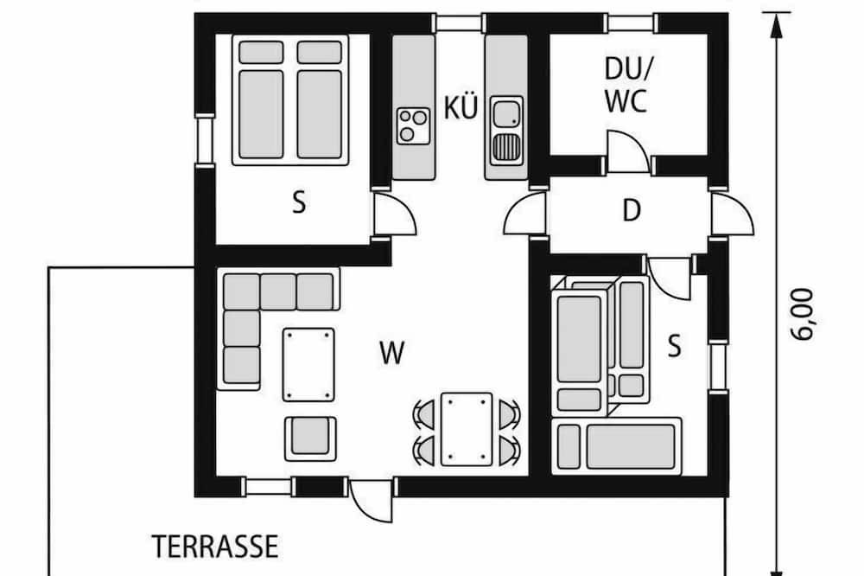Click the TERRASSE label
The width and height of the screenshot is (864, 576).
point(215,547)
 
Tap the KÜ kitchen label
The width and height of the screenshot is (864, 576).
point(461,107)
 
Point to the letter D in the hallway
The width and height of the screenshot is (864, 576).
point(632,210)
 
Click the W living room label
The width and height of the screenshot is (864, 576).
point(392,353)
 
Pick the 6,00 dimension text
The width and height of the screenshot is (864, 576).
point(804,315)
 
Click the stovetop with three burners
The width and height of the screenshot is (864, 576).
point(413,125)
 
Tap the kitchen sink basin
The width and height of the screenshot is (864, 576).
point(505,113)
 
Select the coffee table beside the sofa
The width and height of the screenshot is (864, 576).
point(308,365)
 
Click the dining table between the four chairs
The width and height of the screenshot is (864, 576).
point(467,429)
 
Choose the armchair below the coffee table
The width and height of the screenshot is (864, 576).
point(310,438)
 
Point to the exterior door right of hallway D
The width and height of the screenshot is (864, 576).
point(732,214)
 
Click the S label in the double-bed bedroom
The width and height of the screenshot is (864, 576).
point(299,202)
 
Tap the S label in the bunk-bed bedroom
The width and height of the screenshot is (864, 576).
point(674,347)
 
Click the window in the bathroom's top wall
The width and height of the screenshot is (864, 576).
point(632,22)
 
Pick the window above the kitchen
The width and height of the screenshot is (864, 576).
point(459,22)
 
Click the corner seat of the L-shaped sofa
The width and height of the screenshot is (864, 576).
point(242,291)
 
